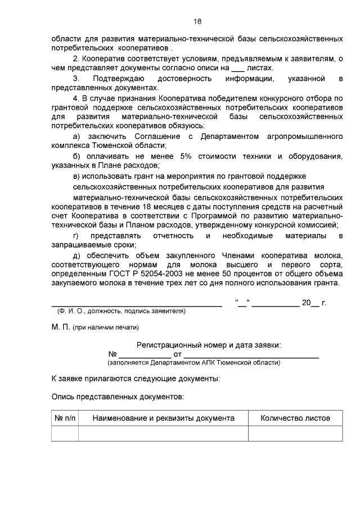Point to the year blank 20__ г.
[311, 303]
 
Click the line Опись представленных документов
[118, 397]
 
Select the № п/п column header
[65, 418]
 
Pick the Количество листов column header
[295, 418]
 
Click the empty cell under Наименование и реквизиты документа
[163, 434]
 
